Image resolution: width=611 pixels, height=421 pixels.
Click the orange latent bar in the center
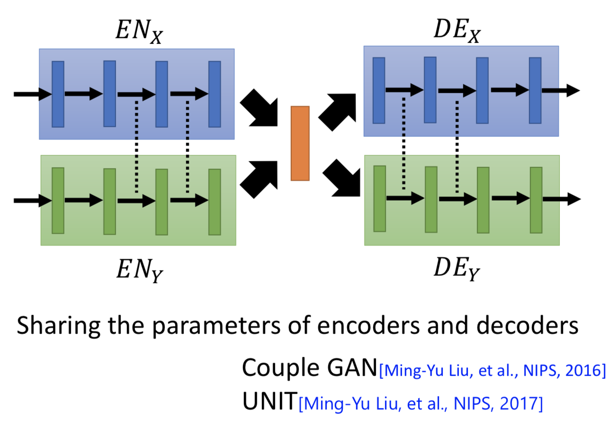pyautogui.click(x=300, y=143)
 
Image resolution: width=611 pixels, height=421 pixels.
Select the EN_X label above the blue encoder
pyautogui.click(x=139, y=32)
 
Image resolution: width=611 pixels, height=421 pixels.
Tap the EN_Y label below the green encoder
pyautogui.click(x=140, y=270)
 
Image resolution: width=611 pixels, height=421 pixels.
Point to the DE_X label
pyautogui.click(x=458, y=31)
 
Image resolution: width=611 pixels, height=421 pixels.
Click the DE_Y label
pyautogui.click(x=457, y=269)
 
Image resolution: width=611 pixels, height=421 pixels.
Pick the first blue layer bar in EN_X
pyautogui.click(x=58, y=94)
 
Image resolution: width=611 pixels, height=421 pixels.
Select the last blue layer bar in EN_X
pyautogui.click(x=215, y=94)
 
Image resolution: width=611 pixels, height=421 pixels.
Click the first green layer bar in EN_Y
pyautogui.click(x=58, y=201)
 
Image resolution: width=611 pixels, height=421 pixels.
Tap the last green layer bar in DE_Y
pyautogui.click(x=536, y=200)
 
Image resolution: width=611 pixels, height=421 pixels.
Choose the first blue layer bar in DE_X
pyautogui.click(x=379, y=90)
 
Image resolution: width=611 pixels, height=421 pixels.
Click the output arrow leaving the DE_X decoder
pyautogui.click(x=561, y=90)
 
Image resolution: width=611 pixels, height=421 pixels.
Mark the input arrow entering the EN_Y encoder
pyautogui.click(x=33, y=201)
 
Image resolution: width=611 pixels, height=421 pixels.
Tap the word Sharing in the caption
pyautogui.click(x=59, y=326)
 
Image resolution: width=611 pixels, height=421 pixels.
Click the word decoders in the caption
pyautogui.click(x=528, y=325)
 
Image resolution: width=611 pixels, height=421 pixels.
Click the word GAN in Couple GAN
pyautogui.click(x=352, y=368)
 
